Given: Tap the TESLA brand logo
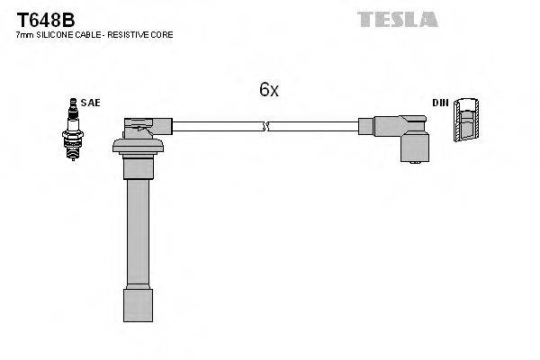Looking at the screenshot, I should click(x=397, y=18).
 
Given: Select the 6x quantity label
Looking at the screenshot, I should click(x=269, y=90).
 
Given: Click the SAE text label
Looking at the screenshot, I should click(x=91, y=103).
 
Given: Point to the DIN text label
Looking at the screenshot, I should click(x=440, y=103).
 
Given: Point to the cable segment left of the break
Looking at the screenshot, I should click(x=216, y=127).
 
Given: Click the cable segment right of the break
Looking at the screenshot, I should click(x=315, y=127).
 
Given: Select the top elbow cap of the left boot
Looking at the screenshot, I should click(x=144, y=124).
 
